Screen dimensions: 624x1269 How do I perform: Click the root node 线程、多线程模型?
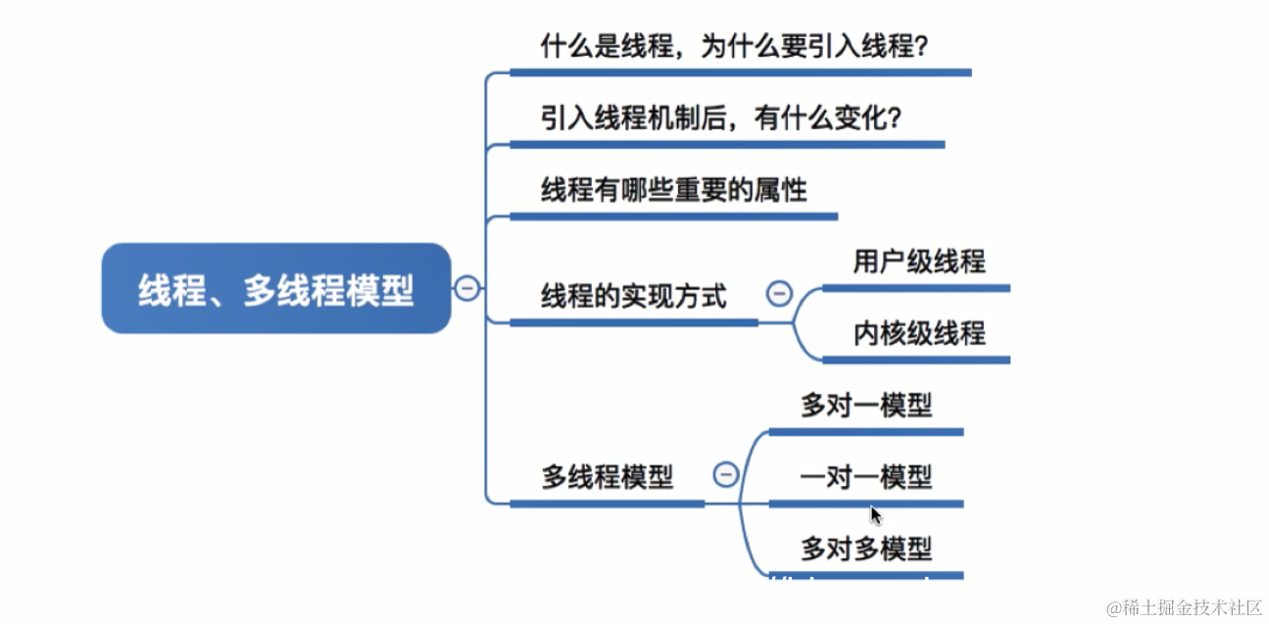275,289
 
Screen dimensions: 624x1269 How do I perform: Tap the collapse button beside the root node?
467,288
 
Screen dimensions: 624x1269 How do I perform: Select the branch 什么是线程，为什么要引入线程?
734,46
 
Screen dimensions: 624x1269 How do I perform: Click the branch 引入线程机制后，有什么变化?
721,119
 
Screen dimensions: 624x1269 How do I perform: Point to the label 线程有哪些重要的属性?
674,190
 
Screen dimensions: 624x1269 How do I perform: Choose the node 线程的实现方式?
634,296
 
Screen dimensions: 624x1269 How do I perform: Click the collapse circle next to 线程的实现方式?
779,293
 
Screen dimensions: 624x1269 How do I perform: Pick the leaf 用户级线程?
919,262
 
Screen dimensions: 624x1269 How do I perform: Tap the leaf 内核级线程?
919,334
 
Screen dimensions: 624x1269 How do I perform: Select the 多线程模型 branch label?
608,478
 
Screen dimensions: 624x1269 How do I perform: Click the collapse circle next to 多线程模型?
725,475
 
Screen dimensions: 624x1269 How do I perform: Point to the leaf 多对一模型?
866,406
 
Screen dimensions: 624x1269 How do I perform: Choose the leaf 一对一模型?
866,478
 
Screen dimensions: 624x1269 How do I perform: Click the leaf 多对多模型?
866,550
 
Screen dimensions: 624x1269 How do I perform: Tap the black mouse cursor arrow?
876,516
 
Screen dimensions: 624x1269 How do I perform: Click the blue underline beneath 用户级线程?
915,289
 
